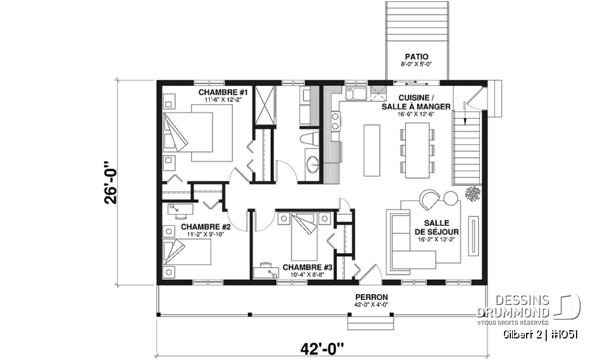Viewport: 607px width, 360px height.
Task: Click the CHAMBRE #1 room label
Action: click(225, 94)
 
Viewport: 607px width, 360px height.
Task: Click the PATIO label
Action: click(417, 57)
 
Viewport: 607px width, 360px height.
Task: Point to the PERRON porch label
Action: click(372, 297)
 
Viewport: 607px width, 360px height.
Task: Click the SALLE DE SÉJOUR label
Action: click(437, 228)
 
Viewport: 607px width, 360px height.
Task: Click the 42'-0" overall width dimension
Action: click(322, 347)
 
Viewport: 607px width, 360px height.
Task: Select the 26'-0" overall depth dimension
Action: click(111, 183)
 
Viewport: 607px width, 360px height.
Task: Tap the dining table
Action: click(417, 150)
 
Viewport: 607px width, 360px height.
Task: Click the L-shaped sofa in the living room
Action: click(405, 244)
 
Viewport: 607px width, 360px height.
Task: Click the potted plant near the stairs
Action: click(471, 193)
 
